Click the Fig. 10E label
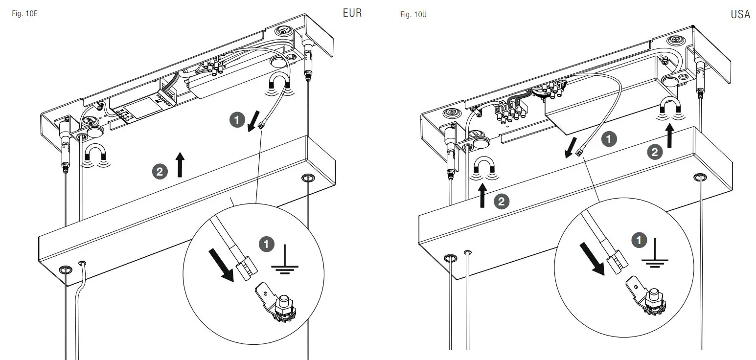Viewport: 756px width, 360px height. [24, 14]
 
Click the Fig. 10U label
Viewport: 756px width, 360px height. [413, 15]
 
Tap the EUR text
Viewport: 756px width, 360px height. [352, 13]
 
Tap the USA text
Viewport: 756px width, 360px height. [740, 15]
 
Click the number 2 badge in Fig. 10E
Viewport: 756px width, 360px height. [160, 171]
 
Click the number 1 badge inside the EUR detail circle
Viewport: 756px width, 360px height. [266, 244]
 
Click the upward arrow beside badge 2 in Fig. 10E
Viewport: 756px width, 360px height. [180, 164]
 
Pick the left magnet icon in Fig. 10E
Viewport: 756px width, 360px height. [95, 156]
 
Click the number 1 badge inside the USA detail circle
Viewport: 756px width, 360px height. [639, 240]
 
